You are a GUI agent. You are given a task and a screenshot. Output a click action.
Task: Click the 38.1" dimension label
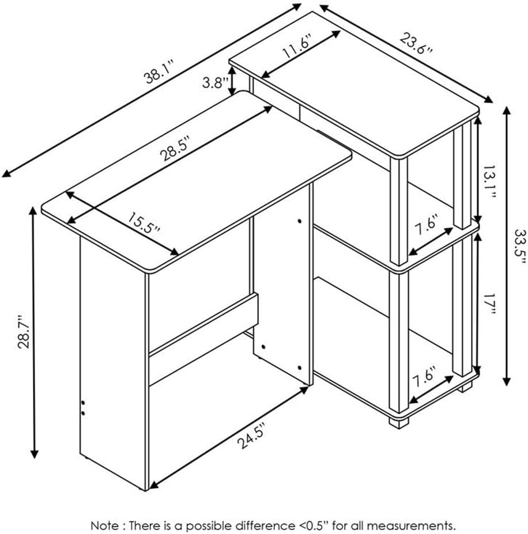(x=160, y=71)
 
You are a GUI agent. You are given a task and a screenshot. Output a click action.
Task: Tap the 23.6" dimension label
(x=416, y=43)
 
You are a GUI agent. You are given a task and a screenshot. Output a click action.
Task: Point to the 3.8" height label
(x=215, y=82)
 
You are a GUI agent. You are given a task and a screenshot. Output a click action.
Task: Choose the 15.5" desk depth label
(x=144, y=223)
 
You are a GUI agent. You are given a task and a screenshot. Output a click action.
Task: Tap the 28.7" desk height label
(x=24, y=332)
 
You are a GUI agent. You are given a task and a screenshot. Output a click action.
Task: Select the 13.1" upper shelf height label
(x=489, y=183)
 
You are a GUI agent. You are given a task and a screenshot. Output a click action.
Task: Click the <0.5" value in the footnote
(x=314, y=525)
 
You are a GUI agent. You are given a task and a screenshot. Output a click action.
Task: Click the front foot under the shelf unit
(x=399, y=422)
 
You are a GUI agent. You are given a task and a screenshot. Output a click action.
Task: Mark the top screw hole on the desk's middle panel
(x=299, y=221)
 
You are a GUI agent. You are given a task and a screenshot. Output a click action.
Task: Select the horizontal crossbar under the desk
(x=203, y=324)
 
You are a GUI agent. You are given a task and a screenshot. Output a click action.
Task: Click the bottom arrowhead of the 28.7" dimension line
(x=34, y=454)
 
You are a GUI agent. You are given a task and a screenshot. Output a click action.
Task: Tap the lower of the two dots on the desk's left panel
(x=83, y=413)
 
